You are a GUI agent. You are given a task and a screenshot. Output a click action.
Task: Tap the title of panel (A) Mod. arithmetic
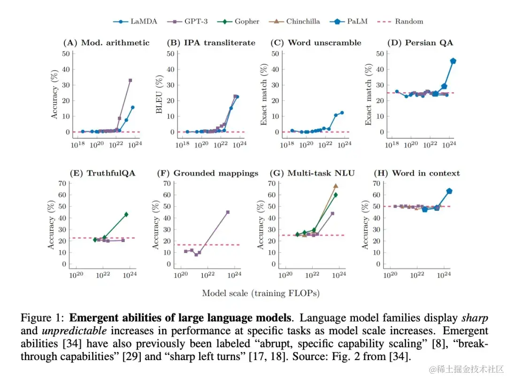coord(106,43)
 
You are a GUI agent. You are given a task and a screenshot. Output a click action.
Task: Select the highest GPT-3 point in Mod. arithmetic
coord(130,80)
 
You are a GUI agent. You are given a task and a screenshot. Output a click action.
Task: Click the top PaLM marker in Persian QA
coord(453,61)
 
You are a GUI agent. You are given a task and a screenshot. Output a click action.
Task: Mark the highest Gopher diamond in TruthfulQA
coord(126,214)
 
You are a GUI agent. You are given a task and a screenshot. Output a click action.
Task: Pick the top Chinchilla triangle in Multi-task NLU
coord(336,186)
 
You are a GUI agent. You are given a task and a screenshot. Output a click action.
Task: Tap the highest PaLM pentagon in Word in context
coord(449,191)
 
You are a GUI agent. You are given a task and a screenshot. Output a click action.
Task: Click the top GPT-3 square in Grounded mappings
coord(228,212)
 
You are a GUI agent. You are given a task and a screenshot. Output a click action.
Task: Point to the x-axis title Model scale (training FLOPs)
coord(261,293)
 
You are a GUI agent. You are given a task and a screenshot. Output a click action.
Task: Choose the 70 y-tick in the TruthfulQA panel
coord(63,183)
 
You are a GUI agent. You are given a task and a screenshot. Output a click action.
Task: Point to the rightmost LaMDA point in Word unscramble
coord(342,113)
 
